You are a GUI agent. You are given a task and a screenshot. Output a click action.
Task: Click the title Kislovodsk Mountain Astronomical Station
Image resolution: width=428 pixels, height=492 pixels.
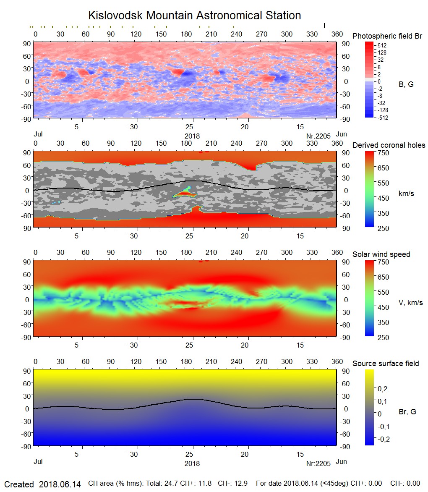click(194, 16)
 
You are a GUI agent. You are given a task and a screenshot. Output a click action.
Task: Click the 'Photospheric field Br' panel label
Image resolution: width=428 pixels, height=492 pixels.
click(387, 36)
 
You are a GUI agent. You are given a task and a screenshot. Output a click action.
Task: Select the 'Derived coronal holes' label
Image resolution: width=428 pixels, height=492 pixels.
click(389, 145)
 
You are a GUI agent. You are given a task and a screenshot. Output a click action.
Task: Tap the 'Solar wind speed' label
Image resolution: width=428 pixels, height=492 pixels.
click(381, 254)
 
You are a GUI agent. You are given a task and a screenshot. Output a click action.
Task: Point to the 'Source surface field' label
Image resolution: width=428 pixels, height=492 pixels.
click(385, 364)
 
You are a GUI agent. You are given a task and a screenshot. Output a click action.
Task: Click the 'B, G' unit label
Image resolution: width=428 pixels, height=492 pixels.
click(406, 84)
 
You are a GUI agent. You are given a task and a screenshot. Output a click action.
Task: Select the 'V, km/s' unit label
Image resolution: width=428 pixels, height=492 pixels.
click(410, 303)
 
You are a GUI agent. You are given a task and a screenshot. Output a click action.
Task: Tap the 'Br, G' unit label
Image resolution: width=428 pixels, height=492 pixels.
click(407, 412)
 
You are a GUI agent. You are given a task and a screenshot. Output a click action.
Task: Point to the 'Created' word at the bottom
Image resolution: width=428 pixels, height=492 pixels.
click(19, 484)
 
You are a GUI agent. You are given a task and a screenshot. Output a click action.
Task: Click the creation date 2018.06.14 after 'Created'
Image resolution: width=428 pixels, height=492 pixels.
click(60, 484)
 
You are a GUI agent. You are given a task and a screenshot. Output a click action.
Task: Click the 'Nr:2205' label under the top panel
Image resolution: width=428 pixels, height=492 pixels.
click(318, 136)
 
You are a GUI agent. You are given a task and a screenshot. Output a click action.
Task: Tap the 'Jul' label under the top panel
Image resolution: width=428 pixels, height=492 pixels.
click(38, 135)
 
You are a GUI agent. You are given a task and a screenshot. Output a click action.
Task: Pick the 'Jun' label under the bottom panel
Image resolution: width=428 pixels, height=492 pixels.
click(341, 462)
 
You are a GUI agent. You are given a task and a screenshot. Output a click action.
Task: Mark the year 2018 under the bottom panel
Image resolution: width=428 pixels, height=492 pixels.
click(192, 464)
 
